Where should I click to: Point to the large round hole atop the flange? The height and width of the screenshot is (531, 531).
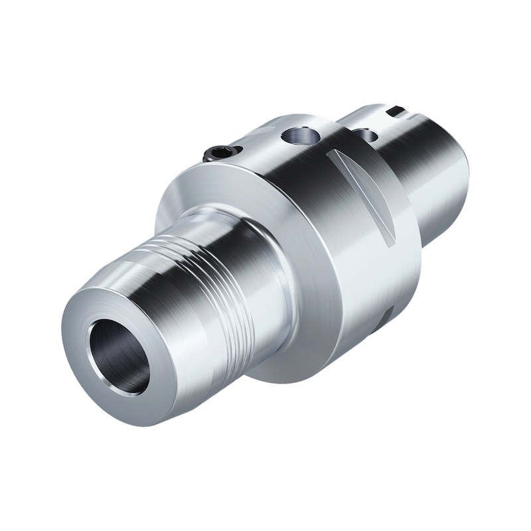pyautogui.click(x=300, y=136)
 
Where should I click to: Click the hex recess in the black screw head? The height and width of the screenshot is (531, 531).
pyautogui.click(x=219, y=153)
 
